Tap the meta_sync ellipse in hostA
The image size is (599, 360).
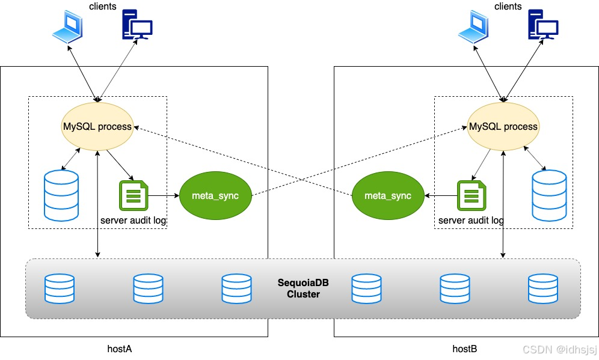215,197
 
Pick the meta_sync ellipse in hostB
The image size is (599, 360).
388,197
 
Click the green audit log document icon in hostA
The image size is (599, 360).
134,195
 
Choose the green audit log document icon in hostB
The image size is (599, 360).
470,195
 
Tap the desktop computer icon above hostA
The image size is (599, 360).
137,26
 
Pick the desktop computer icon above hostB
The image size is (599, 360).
542,26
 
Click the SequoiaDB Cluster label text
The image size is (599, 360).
303,288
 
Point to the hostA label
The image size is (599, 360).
119,348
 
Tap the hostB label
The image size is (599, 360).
464,348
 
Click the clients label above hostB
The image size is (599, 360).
508,6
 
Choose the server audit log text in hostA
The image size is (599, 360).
133,221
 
